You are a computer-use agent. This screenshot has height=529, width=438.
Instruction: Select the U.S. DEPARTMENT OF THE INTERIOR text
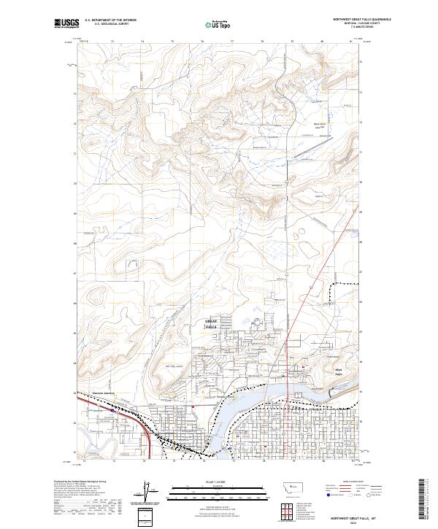tap(110, 20)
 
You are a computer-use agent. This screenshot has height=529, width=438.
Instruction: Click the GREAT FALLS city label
tap(211, 324)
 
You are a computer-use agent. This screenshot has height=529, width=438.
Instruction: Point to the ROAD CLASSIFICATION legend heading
tap(351, 482)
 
